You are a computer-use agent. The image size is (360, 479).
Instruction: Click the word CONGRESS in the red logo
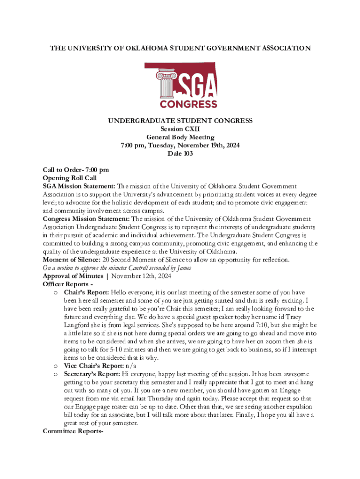click(x=188, y=104)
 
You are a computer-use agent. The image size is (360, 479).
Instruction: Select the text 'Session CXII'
click(x=180, y=129)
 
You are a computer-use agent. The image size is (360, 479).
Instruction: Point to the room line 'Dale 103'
click(x=180, y=153)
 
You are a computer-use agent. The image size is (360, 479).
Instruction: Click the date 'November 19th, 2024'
click(x=209, y=145)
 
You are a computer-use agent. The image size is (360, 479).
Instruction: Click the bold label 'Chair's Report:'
click(x=85, y=292)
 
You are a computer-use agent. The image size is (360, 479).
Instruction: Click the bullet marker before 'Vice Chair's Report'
click(x=55, y=366)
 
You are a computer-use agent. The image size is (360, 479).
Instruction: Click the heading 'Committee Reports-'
click(x=72, y=431)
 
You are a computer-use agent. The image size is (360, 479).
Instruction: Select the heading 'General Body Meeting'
click(x=180, y=137)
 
